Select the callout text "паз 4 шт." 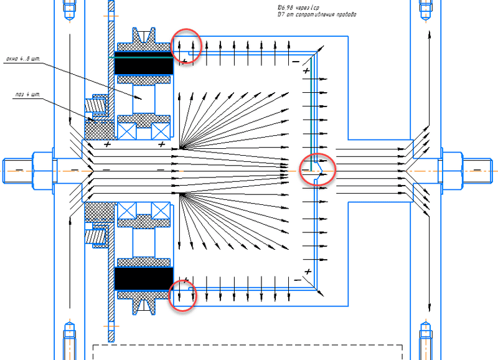(x=27, y=95)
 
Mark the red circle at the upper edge (x=187, y=45)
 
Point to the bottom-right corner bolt (x=426, y=339)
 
